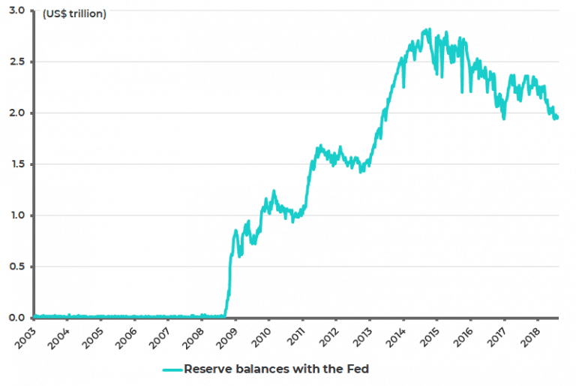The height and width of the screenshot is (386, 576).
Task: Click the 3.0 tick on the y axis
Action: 16,11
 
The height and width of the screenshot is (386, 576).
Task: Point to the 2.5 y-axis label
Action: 16,62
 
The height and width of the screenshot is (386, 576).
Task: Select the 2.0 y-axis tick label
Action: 16,113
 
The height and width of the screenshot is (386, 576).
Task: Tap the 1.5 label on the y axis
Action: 16,164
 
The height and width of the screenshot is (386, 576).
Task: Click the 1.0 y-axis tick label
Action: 16,216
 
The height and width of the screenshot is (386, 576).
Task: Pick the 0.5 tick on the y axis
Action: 16,267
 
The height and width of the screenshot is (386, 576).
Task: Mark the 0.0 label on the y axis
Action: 16,318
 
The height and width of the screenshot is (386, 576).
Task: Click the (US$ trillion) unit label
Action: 74,14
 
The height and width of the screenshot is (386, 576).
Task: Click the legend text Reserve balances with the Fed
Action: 276,369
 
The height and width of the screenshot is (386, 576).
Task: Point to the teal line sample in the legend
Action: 172,369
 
